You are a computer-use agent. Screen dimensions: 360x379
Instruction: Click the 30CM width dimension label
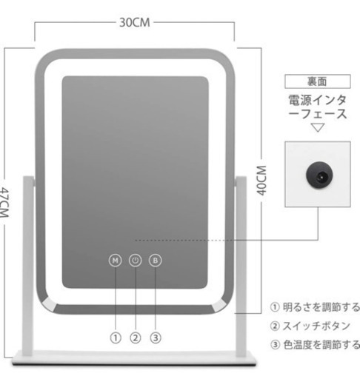click(135, 22)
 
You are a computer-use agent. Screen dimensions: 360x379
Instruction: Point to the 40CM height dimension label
click(261, 181)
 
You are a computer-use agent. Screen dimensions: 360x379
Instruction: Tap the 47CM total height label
click(4, 203)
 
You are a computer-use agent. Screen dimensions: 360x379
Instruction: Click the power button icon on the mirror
click(136, 261)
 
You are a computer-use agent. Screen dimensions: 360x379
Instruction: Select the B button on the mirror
click(156, 261)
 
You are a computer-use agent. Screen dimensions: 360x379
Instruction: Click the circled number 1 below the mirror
click(116, 338)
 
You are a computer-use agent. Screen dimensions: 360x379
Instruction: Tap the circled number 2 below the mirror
click(136, 338)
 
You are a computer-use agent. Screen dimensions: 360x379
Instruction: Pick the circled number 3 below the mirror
click(156, 338)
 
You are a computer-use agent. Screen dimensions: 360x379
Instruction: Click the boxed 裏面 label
click(318, 81)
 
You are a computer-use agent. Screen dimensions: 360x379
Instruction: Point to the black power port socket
click(319, 175)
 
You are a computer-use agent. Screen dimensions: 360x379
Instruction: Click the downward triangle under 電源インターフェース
click(318, 127)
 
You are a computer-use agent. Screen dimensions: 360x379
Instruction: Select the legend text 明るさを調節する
click(321, 307)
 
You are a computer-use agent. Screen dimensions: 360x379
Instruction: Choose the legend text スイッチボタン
click(316, 326)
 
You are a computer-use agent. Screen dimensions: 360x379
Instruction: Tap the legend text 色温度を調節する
click(321, 345)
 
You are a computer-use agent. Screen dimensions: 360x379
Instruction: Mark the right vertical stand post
click(241, 266)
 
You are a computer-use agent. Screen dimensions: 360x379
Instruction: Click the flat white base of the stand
click(135, 358)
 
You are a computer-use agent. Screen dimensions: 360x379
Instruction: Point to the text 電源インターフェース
click(318, 107)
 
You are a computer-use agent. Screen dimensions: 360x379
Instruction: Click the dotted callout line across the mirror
click(184, 240)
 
